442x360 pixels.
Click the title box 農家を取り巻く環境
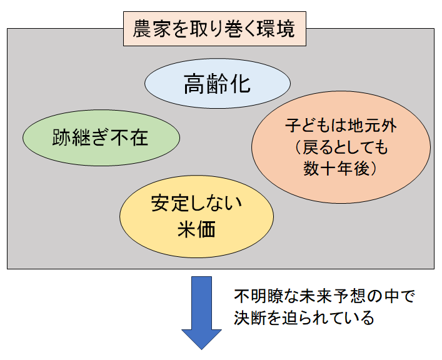[x=216, y=29]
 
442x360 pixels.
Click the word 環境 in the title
[x=281, y=29]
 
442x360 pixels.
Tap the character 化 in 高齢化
[x=239, y=84]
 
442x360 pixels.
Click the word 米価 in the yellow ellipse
[x=196, y=230]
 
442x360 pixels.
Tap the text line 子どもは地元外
[x=341, y=126]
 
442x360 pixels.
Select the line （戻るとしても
[x=341, y=147]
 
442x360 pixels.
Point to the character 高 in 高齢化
[x=194, y=84]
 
